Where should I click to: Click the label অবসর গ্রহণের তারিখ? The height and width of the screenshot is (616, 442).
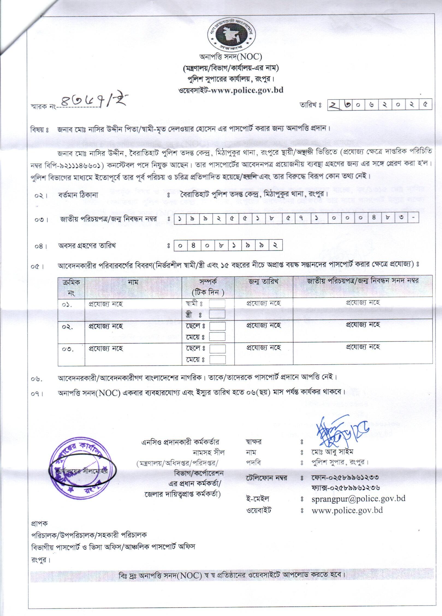(x=87, y=246)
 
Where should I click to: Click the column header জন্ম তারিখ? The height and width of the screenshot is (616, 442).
(x=263, y=282)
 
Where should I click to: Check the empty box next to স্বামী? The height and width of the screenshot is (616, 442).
(x=217, y=304)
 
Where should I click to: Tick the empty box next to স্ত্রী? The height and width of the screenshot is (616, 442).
(x=217, y=314)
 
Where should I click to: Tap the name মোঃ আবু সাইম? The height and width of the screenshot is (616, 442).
(x=332, y=452)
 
